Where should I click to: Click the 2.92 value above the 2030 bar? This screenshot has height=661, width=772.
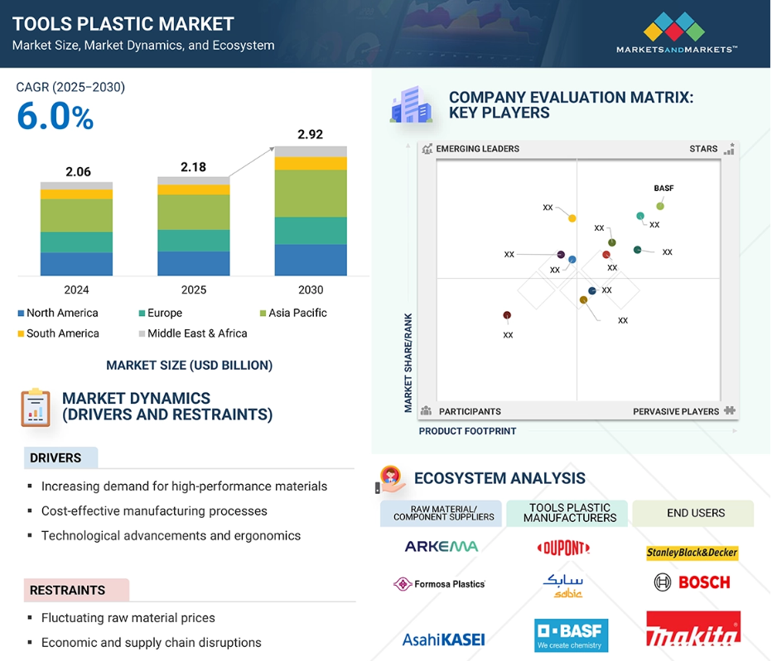click(310, 134)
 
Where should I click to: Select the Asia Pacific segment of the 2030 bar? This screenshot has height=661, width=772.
click(311, 194)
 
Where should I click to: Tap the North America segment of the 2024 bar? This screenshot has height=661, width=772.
click(76, 264)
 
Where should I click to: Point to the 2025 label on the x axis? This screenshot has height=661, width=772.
click(194, 290)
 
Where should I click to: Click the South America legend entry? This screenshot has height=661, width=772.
click(59, 333)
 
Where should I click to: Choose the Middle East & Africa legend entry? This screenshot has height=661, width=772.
click(193, 333)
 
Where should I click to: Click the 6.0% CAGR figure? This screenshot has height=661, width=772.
click(55, 117)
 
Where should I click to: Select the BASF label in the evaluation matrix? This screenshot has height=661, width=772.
click(663, 189)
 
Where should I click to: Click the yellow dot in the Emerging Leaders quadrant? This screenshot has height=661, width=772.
click(572, 218)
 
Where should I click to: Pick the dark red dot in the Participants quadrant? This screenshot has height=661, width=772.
click(507, 315)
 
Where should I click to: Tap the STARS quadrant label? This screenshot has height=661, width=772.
click(703, 149)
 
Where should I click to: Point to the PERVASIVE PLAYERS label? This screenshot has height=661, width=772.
click(676, 412)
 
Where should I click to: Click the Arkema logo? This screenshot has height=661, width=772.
click(441, 546)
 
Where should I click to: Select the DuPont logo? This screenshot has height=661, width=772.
click(564, 548)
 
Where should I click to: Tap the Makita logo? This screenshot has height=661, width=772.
click(693, 629)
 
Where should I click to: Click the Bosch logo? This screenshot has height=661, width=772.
click(692, 582)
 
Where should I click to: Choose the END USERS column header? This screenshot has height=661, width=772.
click(696, 513)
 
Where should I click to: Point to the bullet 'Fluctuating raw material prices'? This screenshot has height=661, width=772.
click(128, 618)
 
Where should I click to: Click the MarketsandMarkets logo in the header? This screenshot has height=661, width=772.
click(677, 32)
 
